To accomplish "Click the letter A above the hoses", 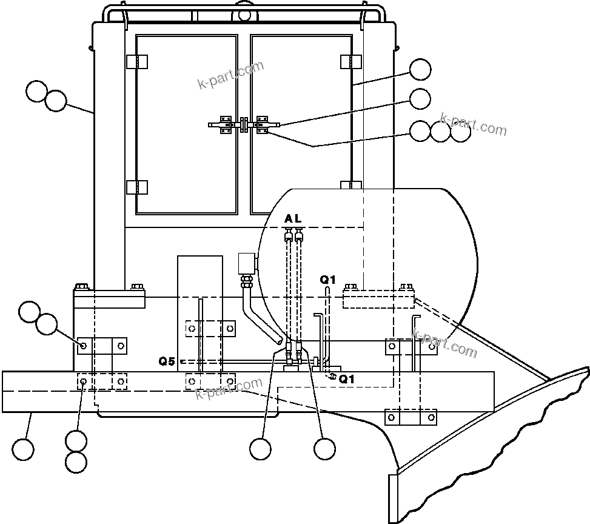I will click(x=288, y=218).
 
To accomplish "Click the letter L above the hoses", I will click(x=297, y=218).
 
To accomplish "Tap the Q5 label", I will click(x=167, y=361).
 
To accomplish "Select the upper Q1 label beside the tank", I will click(x=328, y=280).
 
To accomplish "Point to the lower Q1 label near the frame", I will click(x=346, y=380).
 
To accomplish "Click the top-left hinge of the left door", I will click(x=136, y=62).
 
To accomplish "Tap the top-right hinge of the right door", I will click(x=351, y=62).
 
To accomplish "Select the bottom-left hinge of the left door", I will click(x=136, y=187).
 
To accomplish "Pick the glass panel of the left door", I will click(x=186, y=124).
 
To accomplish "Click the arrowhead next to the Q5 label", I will click(x=182, y=361).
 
